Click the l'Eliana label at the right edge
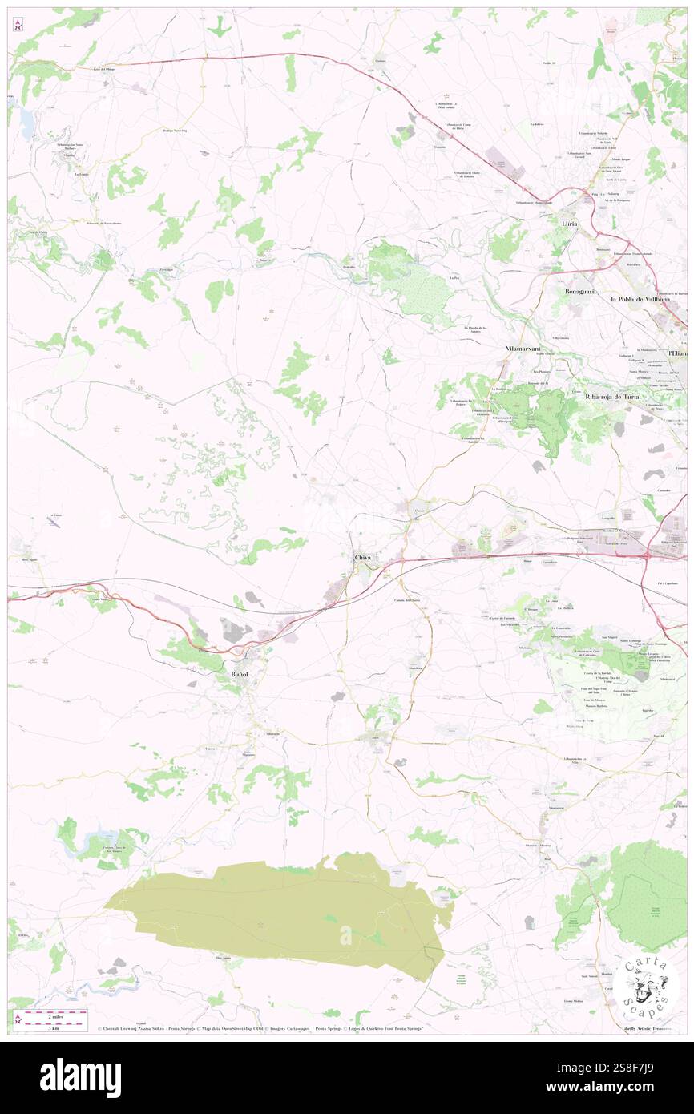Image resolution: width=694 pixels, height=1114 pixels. (x=679, y=353)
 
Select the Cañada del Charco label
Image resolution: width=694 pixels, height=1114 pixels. (x=406, y=599)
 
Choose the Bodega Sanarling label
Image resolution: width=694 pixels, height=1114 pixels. (x=175, y=130)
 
